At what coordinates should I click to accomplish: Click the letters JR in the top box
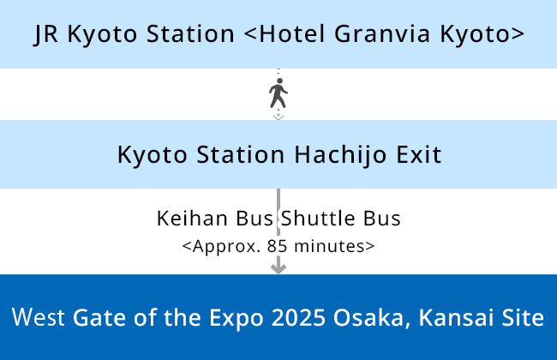pos(45,34)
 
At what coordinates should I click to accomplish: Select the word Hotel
pos(291,33)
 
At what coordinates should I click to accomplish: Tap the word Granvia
pos(382,33)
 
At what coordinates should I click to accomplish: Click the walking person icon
pos(278,93)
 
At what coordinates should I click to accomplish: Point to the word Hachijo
pos(340,155)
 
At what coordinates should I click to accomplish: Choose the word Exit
pos(419,154)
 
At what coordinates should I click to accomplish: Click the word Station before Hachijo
pos(241,154)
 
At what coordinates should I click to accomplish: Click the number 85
pos(277,246)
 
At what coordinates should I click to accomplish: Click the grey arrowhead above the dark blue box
pos(278,269)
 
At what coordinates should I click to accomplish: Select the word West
pos(39,317)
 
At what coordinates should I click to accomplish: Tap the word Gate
pos(99,317)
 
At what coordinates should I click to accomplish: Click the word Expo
pos(237,318)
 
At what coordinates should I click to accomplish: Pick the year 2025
pos(298,317)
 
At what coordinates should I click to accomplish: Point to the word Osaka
pos(369,317)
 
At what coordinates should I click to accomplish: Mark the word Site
pos(523,317)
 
